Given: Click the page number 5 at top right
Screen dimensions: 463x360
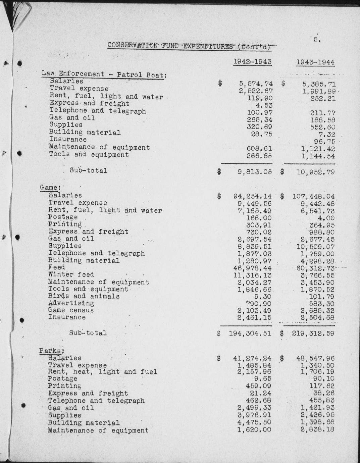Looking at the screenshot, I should (x=317, y=39).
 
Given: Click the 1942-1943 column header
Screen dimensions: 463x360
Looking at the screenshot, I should (x=252, y=62).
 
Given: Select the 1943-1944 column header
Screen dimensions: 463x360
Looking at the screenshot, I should (x=315, y=62).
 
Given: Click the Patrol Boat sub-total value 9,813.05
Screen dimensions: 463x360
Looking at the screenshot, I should (x=255, y=172).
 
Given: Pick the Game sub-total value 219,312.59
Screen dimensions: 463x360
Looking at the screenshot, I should (x=310, y=333).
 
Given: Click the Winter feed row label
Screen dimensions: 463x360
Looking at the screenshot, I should (x=71, y=274).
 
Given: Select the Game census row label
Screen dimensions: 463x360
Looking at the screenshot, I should (x=71, y=310).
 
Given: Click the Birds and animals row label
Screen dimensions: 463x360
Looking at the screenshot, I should (x=84, y=296).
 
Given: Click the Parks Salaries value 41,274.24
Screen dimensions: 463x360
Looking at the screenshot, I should (x=252, y=358).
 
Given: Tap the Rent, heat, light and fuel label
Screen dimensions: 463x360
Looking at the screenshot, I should (x=102, y=372).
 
